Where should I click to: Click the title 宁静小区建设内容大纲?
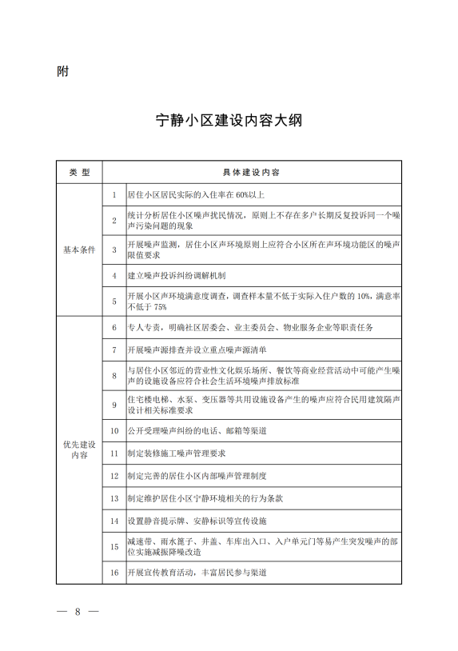[x=229, y=122]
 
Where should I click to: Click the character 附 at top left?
[x=63, y=71]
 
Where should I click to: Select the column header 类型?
[x=80, y=173]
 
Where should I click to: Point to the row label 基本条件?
[x=80, y=250]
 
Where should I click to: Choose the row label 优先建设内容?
[x=80, y=449]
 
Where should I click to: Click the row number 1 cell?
[x=114, y=194]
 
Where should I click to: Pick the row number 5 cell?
[x=114, y=302]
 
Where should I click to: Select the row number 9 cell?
[x=114, y=405]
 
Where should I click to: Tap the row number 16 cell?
[x=114, y=573]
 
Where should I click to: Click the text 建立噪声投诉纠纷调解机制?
[x=177, y=276]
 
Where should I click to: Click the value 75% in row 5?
[x=159, y=307]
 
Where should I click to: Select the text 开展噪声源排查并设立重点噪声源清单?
[x=197, y=350]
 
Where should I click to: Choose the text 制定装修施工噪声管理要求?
[x=177, y=453]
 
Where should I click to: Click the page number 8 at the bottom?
[x=78, y=613]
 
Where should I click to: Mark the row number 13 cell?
[x=114, y=498]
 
